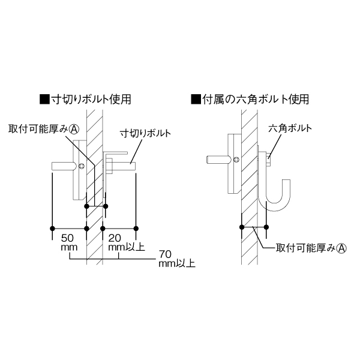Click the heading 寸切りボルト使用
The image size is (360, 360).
pos(91,100)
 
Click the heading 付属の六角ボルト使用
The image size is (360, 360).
pos(256,100)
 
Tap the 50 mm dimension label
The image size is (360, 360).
pos(69,242)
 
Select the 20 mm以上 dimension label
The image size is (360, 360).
pos(126,242)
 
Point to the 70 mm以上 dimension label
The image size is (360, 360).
pos(177,259)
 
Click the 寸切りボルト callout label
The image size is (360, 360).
pos(146,133)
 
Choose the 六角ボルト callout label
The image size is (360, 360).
pos(290,128)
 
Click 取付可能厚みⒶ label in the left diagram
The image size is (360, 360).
pos(44,129)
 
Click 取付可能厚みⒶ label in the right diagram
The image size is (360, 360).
pos(311,248)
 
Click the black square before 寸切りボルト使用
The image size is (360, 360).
pos(44,100)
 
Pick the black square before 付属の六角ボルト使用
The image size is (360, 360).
pos(196,100)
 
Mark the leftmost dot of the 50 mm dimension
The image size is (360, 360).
pos(52,229)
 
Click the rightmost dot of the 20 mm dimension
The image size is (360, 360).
pos(136,229)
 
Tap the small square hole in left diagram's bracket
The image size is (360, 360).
pos(81,166)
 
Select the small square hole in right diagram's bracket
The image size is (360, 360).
pos(236,160)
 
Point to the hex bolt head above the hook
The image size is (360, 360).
pos(269,158)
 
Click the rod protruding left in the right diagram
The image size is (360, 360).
pos(217,160)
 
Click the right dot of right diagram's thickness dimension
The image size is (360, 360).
pos(266,227)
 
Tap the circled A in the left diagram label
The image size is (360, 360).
pos(74,129)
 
